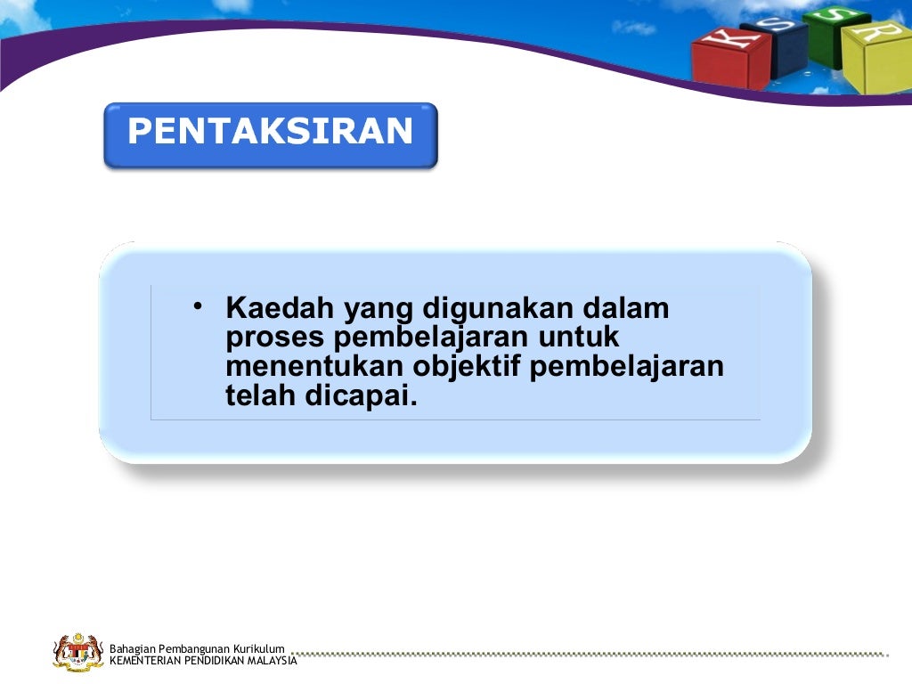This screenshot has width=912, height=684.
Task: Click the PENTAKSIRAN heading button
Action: pyautogui.click(x=270, y=134)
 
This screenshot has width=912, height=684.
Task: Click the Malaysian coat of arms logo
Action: pyautogui.click(x=77, y=653)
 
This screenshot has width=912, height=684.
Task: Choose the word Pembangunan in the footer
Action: pyautogui.click(x=193, y=648)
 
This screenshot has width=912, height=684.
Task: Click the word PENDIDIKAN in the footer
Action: pyautogui.click(x=212, y=660)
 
